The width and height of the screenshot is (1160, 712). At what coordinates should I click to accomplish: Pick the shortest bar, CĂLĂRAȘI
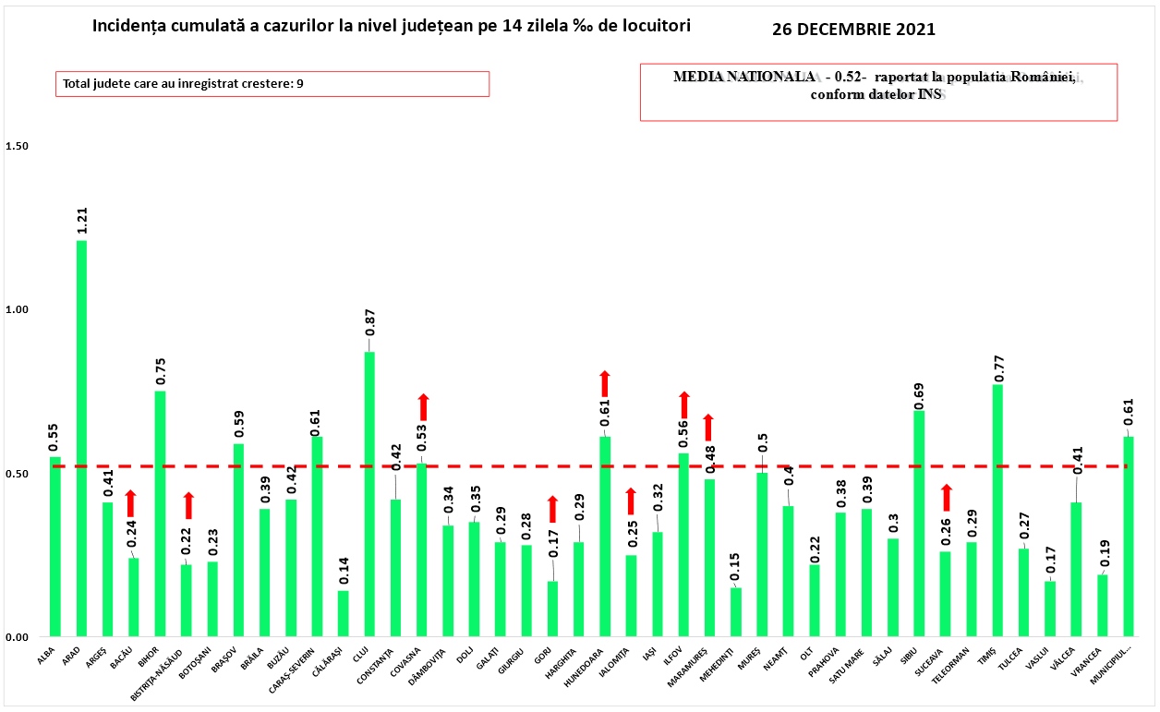coord(344,614)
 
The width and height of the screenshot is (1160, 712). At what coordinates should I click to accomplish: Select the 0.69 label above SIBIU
coord(919,392)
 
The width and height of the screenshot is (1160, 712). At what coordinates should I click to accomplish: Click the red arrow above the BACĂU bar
coord(132,503)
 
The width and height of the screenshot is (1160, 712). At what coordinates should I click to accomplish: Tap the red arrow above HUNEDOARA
coord(605,383)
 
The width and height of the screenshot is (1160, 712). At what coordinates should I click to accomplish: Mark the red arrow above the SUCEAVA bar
coord(946,497)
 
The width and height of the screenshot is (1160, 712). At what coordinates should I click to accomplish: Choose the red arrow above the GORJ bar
coord(552,509)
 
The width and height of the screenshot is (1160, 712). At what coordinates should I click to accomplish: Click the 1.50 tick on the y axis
coord(18,147)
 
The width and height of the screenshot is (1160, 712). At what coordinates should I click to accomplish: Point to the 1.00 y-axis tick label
coord(18,310)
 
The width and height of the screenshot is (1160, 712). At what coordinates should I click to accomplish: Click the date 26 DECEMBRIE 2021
coord(853,30)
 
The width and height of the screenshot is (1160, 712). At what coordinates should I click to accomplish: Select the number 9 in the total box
coord(300,84)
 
